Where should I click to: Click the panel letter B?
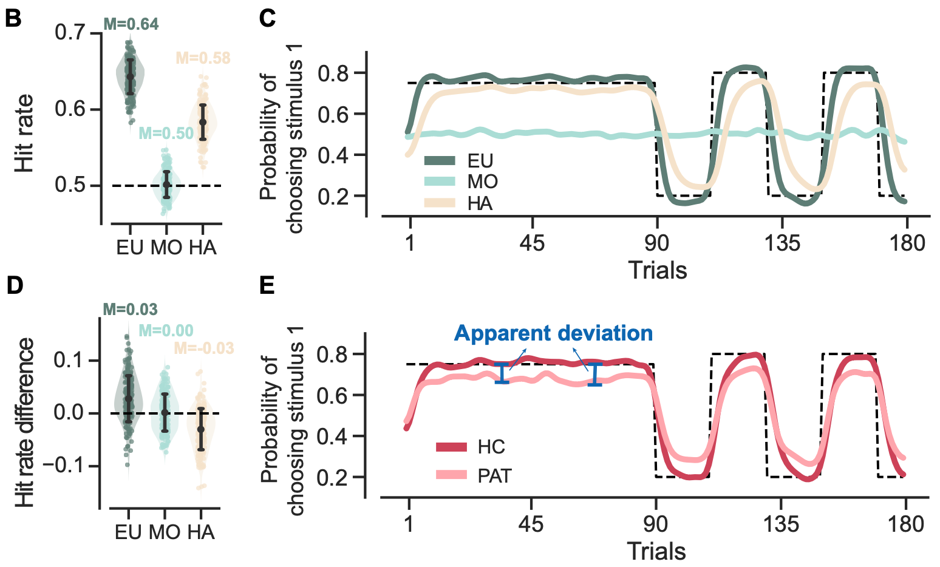click(13, 18)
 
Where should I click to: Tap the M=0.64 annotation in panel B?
click(131, 24)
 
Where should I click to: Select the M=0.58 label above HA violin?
click(203, 58)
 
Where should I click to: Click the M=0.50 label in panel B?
click(166, 134)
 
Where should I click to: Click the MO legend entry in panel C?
click(482, 181)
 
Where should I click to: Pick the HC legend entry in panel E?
click(491, 447)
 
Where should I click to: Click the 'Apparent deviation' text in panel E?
click(553, 333)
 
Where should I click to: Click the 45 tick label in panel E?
click(531, 524)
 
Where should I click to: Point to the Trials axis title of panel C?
click(657, 270)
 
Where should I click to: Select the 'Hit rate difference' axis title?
click(25, 423)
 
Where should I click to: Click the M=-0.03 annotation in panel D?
click(204, 348)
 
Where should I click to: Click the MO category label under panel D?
click(165, 532)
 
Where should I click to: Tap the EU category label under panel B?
click(130, 248)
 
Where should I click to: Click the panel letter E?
click(267, 285)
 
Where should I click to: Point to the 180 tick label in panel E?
click(905, 524)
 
